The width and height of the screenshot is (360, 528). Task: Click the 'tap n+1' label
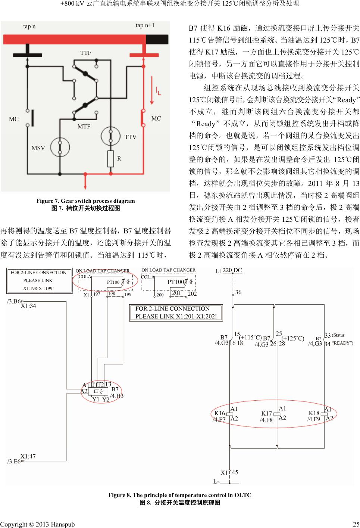[145, 25]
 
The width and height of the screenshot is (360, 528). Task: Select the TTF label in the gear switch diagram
[86, 53]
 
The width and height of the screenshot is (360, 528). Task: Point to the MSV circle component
[60, 147]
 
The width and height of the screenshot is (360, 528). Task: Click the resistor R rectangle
[110, 159]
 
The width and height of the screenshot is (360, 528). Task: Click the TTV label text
[130, 137]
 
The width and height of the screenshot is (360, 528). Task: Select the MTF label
[84, 126]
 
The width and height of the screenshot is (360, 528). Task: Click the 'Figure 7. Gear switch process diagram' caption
[85, 201]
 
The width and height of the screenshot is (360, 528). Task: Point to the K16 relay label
[220, 413]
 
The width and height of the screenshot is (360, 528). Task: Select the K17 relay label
[266, 413]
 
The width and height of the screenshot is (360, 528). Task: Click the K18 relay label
[314, 413]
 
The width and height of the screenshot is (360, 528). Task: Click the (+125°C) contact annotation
[293, 338]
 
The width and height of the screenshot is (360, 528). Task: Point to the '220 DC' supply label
[232, 271]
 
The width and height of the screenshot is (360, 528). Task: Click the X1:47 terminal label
[28, 456]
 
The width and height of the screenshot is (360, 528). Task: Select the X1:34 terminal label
[28, 306]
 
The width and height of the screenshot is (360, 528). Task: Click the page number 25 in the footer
[356, 524]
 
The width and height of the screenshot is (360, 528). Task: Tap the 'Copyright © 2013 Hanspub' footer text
[37, 524]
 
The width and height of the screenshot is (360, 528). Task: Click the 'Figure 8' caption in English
[180, 495]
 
